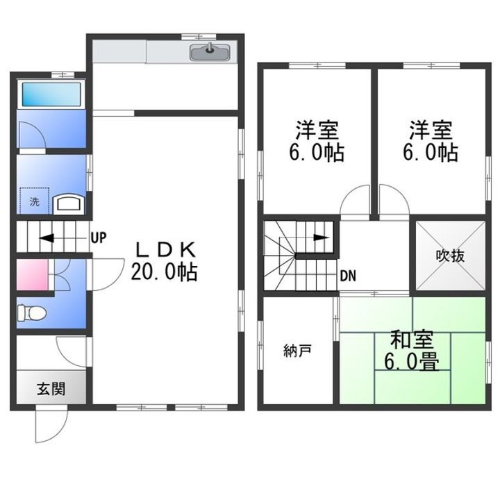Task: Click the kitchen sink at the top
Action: click(x=211, y=51)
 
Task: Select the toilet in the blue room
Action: click(x=31, y=312)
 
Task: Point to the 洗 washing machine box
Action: click(x=34, y=201)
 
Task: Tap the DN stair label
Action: click(x=348, y=275)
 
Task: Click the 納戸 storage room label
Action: click(x=297, y=351)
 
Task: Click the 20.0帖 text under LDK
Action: click(x=165, y=272)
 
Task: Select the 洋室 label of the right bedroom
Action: click(x=430, y=130)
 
